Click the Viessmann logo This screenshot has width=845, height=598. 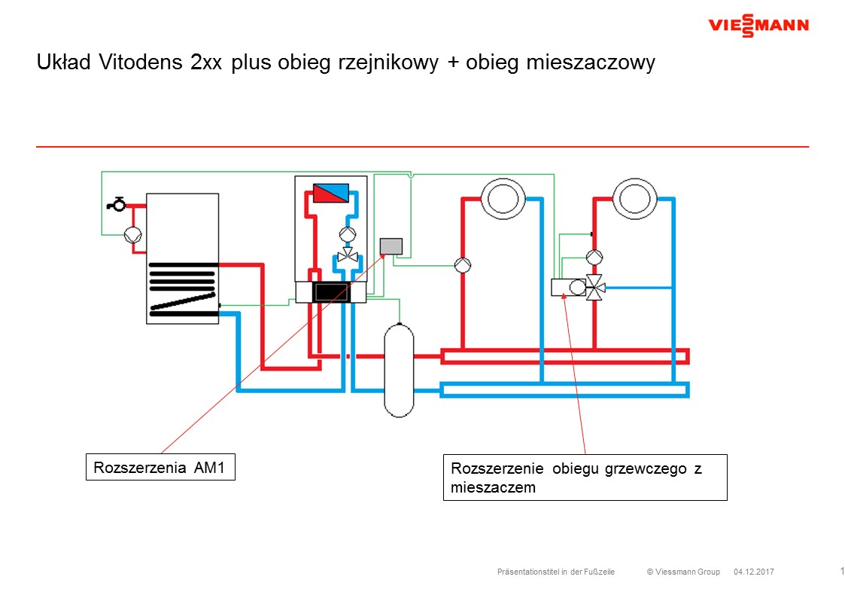[x=758, y=26]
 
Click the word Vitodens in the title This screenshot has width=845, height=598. [x=141, y=63]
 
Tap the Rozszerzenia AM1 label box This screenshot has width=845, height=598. [x=160, y=467]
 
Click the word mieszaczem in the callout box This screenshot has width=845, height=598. [x=493, y=487]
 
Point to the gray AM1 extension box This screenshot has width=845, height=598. [x=391, y=246]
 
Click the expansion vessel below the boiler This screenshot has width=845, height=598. [x=399, y=370]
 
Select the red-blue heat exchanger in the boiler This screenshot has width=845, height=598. [x=331, y=194]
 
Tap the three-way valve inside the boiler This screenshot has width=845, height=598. [x=348, y=255]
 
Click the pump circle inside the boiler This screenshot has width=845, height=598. [x=348, y=234]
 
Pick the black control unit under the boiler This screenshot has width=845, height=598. [x=331, y=293]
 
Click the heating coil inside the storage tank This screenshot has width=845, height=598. [x=184, y=289]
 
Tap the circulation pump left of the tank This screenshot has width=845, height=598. [x=133, y=235]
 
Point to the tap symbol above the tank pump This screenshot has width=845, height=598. [x=117, y=204]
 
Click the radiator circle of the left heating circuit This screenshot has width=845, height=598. [x=503, y=198]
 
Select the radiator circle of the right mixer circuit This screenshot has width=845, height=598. [x=635, y=198]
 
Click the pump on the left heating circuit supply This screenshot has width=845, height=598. [x=463, y=265]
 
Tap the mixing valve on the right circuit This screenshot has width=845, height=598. [x=595, y=288]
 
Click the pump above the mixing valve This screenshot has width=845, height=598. [x=594, y=258]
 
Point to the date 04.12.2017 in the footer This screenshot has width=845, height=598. [x=753, y=572]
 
